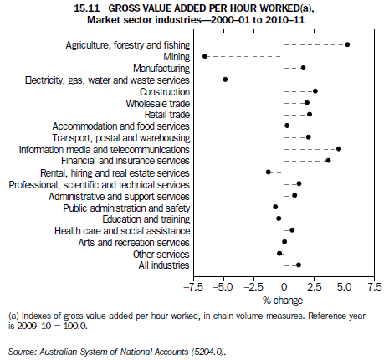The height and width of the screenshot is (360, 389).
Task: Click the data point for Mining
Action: [x=205, y=56]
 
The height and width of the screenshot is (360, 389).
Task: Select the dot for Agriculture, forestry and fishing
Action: [x=347, y=44]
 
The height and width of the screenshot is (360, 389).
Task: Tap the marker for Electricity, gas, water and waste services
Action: [x=225, y=80]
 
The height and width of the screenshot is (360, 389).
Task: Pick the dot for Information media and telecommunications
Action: [x=338, y=149]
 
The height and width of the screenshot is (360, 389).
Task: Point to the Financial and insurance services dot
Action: [x=328, y=160]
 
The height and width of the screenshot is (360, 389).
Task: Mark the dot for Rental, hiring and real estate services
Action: [x=269, y=172]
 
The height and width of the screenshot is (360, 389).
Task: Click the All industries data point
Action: [x=298, y=265]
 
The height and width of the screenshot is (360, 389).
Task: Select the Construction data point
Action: [x=315, y=90]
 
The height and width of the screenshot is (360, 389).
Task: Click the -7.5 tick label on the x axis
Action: [x=194, y=286]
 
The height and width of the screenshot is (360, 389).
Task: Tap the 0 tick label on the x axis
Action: [x=285, y=286]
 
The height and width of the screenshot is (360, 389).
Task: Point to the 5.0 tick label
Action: [x=345, y=286]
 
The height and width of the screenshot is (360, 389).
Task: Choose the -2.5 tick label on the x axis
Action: [x=253, y=286]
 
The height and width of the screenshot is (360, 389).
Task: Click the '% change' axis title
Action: [x=284, y=299]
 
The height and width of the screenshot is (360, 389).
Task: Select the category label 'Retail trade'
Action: [x=166, y=114]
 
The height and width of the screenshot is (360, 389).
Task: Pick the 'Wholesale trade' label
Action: [x=161, y=102]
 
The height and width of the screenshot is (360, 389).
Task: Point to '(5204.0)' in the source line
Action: [x=206, y=352]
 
